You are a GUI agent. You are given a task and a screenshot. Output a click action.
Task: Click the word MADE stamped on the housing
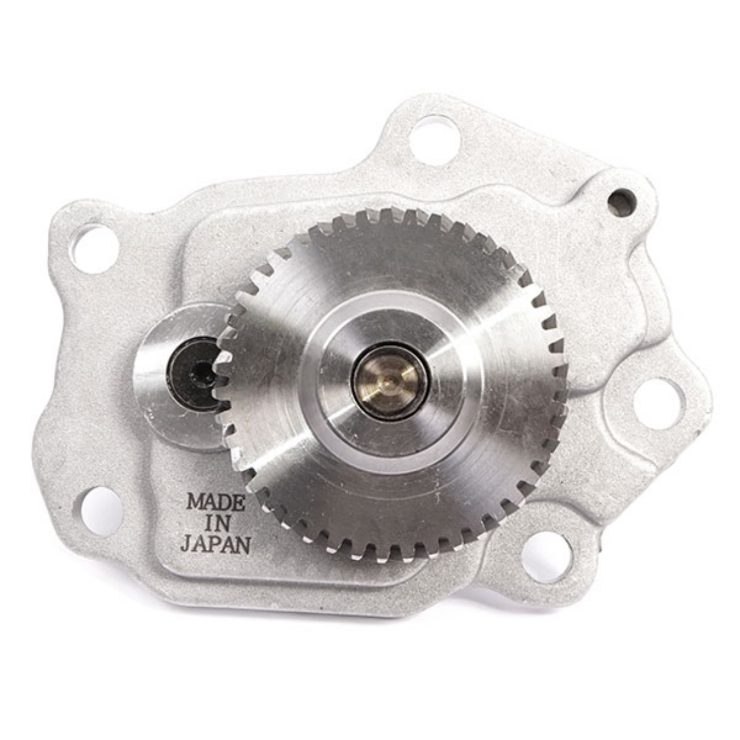pyautogui.click(x=216, y=503)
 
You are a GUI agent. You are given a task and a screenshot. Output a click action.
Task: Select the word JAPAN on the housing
pyautogui.click(x=216, y=544)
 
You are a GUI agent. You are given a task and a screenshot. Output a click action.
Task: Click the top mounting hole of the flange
pyautogui.click(x=434, y=141)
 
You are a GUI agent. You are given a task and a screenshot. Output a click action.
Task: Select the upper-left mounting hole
pyautogui.click(x=94, y=250)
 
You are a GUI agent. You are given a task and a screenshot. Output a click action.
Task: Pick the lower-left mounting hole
pyautogui.click(x=101, y=511)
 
